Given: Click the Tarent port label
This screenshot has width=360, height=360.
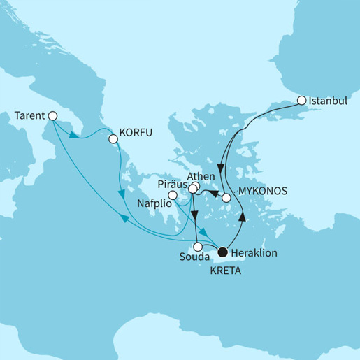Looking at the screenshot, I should (29, 115).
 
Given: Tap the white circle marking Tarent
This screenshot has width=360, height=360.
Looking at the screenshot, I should (52, 115).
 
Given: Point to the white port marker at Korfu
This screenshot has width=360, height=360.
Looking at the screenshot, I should (113, 138).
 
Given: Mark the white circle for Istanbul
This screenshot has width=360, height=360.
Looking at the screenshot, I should (301, 101).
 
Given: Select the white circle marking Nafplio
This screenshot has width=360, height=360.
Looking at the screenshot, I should (173, 203).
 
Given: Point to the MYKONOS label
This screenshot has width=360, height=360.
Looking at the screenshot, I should (257, 189).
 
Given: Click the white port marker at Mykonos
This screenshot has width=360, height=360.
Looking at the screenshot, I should (226, 199).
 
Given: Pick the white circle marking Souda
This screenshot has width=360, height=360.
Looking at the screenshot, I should (199, 246).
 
